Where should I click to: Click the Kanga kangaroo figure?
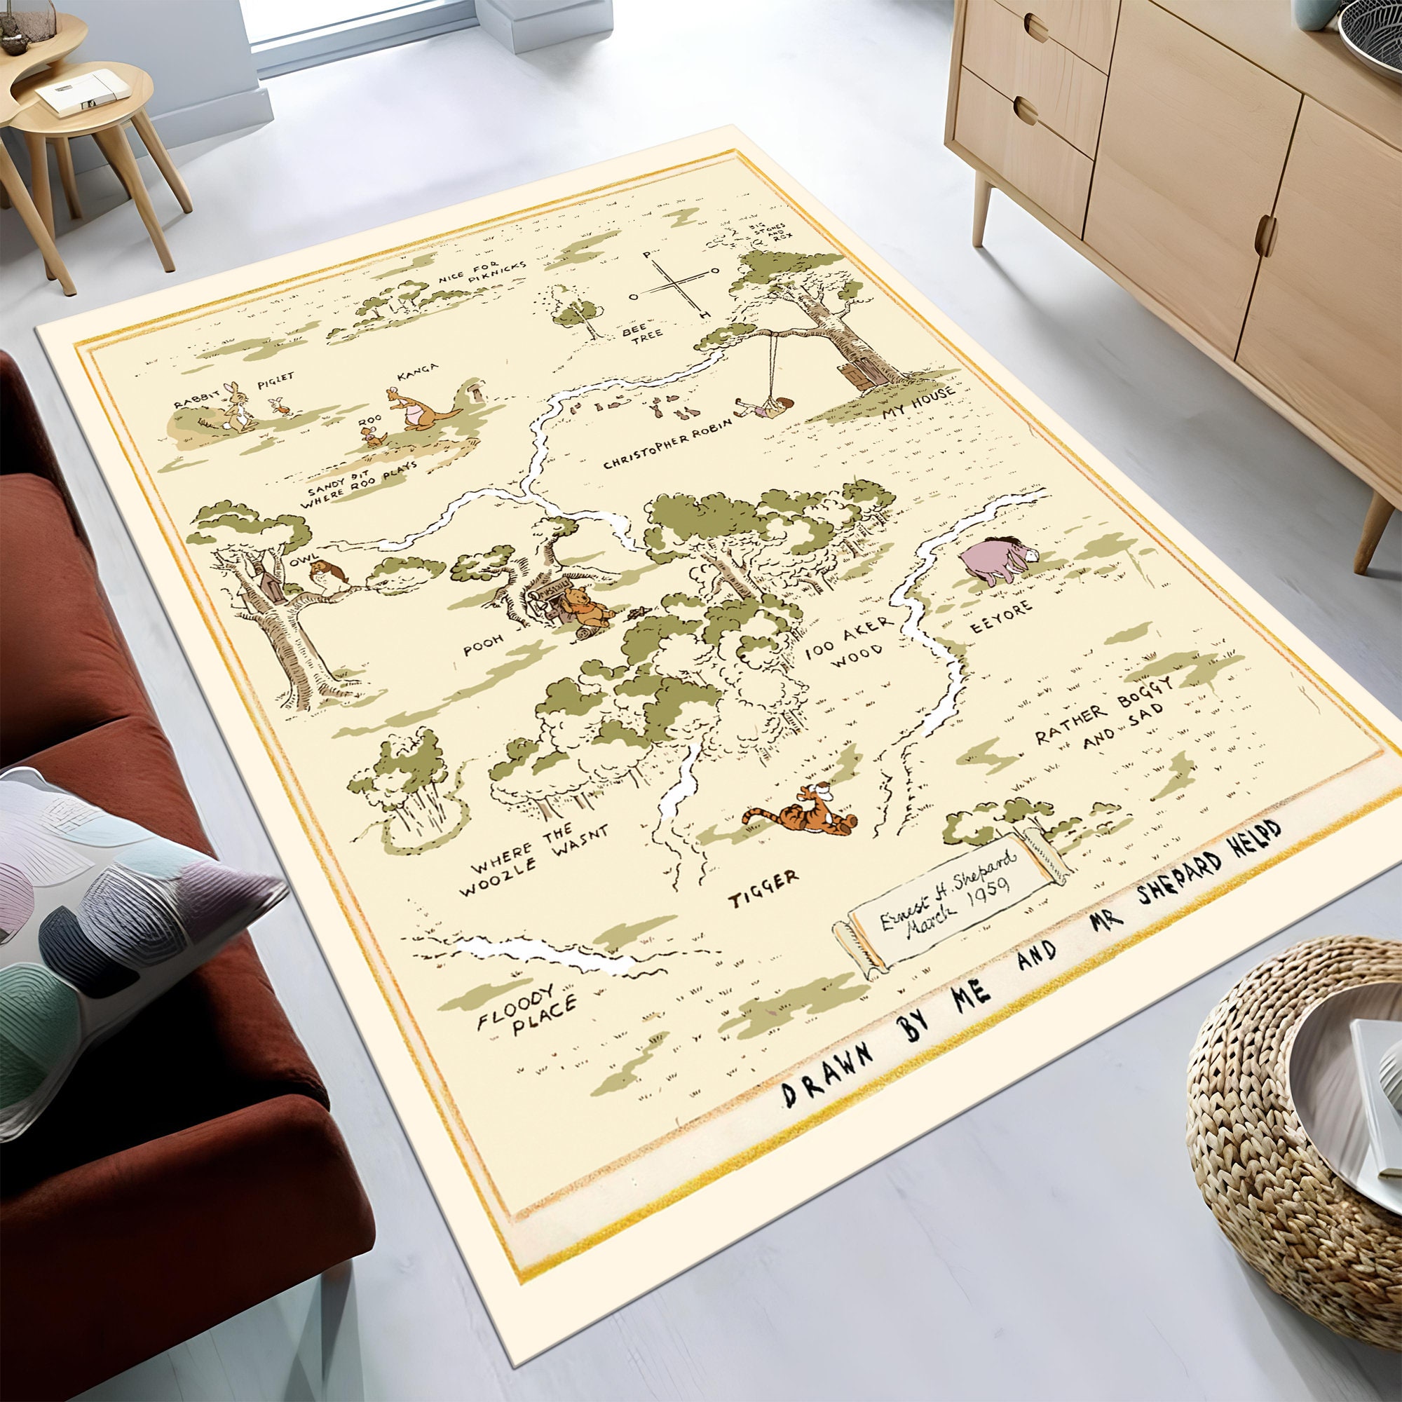point(419,410)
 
